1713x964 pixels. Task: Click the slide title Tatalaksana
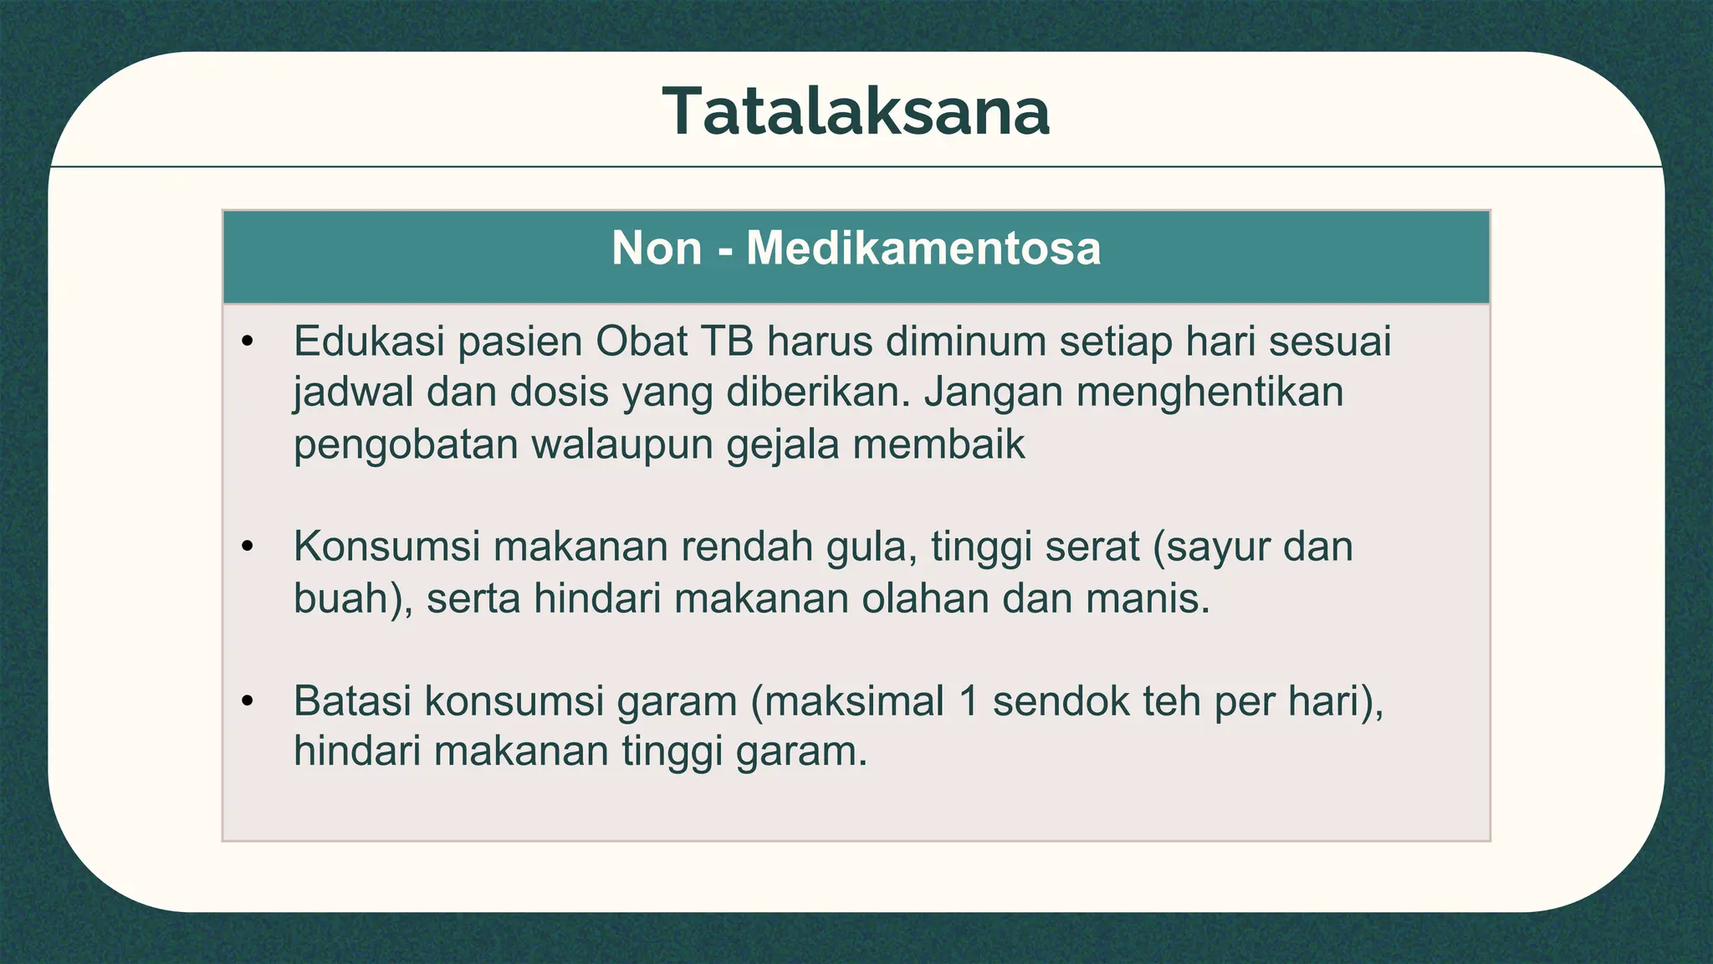[856, 111]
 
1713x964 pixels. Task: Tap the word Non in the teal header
[657, 249]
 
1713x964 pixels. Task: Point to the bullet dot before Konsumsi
[247, 546]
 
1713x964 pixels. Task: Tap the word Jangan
[993, 392]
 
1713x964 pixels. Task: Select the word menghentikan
[1209, 392]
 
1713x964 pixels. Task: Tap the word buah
[341, 598]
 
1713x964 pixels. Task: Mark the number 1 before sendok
[969, 700]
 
